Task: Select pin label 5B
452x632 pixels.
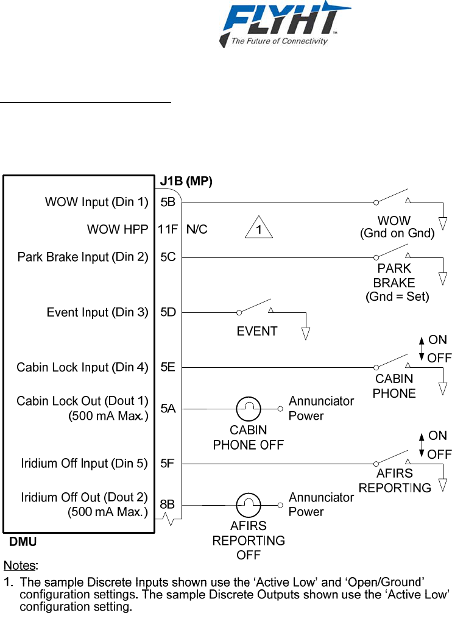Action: click(x=168, y=202)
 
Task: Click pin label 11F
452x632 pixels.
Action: click(x=168, y=229)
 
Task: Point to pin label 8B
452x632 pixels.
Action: click(x=168, y=505)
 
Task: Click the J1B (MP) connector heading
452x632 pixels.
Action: click(x=186, y=181)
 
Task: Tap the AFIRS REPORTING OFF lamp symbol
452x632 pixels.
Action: click(x=249, y=505)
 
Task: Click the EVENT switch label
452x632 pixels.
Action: click(x=256, y=331)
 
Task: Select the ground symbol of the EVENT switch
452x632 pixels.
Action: click(x=306, y=332)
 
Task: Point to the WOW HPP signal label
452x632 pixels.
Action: click(x=118, y=229)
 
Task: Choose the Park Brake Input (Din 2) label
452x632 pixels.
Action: click(x=83, y=257)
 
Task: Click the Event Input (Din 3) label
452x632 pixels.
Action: click(x=97, y=312)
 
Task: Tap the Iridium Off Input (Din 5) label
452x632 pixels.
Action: click(x=85, y=464)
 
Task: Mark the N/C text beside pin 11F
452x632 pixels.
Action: click(x=196, y=229)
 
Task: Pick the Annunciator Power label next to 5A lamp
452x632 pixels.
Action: click(x=321, y=408)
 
